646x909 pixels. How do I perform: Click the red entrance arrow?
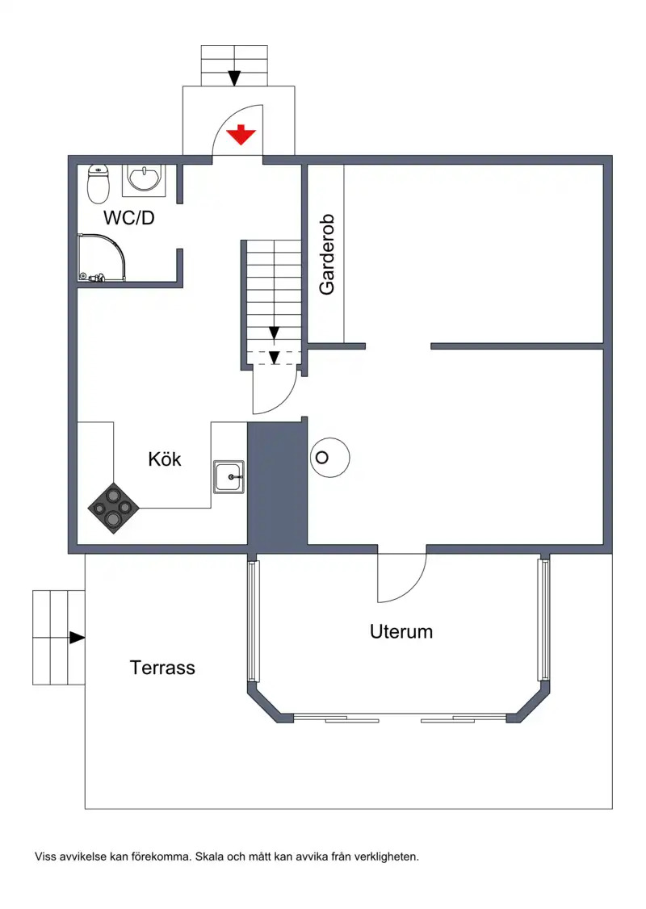pos(241,134)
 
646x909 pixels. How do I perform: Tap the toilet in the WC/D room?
pos(99,184)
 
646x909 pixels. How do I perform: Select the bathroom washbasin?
pos(144,179)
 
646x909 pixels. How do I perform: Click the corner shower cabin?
pos(101,258)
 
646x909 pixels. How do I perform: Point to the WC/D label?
pos(128,218)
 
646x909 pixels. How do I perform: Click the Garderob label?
pos(327,254)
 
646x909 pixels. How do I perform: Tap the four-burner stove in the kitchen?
pos(113,508)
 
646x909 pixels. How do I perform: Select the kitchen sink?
pos(229,477)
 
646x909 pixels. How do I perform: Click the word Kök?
pos(165,459)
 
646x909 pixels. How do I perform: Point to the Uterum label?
pos(401,631)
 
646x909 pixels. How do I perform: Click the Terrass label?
pos(162,668)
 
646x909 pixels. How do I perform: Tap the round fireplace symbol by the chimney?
pos(330,458)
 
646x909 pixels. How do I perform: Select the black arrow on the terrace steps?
pos(78,638)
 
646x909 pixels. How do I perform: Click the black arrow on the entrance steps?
pos(234,77)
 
